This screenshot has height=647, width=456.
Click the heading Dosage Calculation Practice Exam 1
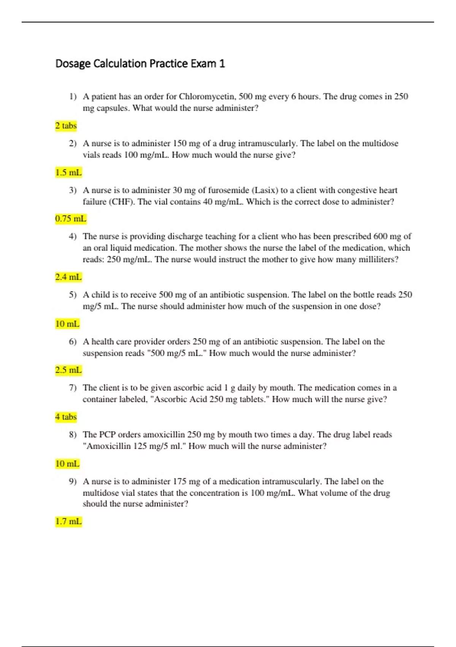pos(140,63)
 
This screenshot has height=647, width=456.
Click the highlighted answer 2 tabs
pos(66,126)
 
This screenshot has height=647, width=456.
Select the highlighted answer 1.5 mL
pos(68,172)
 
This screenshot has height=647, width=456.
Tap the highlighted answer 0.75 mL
pos(71,219)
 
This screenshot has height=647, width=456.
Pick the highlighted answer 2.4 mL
pos(68,277)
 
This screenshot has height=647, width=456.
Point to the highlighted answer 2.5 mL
pos(68,370)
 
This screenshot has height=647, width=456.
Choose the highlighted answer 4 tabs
pos(66,417)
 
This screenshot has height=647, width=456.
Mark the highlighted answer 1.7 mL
pos(68,521)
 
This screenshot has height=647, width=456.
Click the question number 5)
pos(73,295)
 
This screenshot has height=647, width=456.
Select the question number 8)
pos(73,434)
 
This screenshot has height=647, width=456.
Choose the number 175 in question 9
pos(179,481)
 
